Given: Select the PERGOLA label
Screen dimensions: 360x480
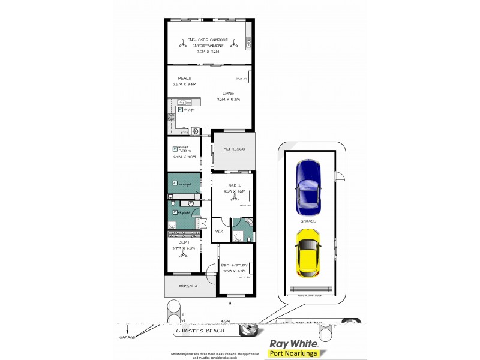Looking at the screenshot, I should (x=188, y=286).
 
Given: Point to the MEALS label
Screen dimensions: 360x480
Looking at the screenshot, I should (x=184, y=79).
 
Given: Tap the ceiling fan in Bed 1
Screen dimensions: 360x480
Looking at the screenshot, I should (x=183, y=253).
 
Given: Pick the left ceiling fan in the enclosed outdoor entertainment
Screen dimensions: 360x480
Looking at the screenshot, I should (x=182, y=43).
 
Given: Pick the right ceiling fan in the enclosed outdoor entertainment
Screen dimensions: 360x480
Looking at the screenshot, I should (x=235, y=43).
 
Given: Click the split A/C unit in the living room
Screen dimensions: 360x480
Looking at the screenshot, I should (x=250, y=79).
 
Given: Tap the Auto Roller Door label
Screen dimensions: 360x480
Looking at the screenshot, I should (x=310, y=295).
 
